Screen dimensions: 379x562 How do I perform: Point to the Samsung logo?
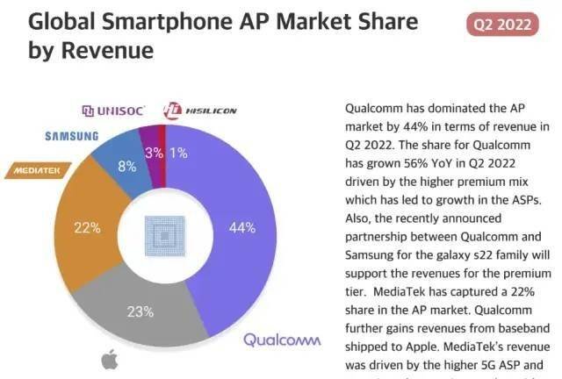[x=72, y=136]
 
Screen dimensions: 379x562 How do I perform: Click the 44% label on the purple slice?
[x=242, y=228]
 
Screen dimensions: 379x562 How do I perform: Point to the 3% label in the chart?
[x=155, y=153]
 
